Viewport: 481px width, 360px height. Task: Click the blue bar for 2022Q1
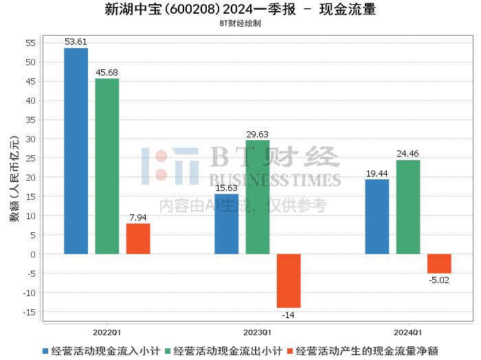pyautogui.click(x=76, y=151)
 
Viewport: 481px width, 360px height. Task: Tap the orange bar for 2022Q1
pyautogui.click(x=138, y=239)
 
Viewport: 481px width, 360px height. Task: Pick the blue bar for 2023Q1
pyautogui.click(x=226, y=224)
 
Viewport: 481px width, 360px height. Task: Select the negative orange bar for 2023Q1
pyautogui.click(x=289, y=281)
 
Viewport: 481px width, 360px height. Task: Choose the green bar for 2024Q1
pyautogui.click(x=408, y=207)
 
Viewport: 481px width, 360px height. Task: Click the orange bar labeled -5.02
pyautogui.click(x=439, y=264)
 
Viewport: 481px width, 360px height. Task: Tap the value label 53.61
pyautogui.click(x=76, y=42)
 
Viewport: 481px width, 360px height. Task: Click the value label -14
pyautogui.click(x=289, y=315)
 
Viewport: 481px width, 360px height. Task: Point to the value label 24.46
pyautogui.click(x=408, y=154)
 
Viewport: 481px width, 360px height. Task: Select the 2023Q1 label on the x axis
pyautogui.click(x=258, y=331)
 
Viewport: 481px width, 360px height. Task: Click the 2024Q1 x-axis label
pyautogui.click(x=408, y=331)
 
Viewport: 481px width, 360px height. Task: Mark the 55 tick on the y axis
pyautogui.click(x=30, y=43)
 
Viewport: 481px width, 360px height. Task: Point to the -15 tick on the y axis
pyautogui.click(x=29, y=312)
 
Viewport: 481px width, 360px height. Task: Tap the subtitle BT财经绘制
pyautogui.click(x=240, y=23)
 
